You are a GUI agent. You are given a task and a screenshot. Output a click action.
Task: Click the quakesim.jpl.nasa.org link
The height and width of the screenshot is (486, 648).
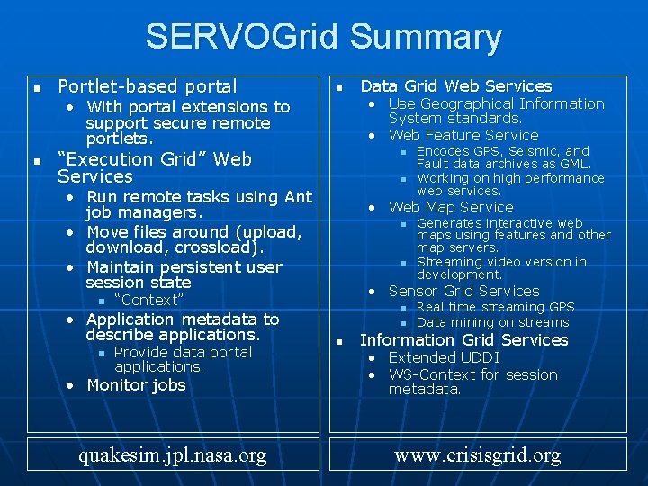[172, 454]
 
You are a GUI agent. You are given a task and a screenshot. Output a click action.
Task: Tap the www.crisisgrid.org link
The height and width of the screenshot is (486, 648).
[477, 454]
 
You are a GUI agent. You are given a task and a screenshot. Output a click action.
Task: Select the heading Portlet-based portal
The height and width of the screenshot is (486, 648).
[147, 86]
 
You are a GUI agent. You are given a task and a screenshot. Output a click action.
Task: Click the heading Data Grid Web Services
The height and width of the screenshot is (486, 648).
[455, 86]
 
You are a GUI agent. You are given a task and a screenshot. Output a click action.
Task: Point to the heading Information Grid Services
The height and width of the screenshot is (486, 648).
[463, 340]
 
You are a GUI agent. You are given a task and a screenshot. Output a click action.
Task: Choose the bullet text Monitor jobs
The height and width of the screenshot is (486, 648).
[136, 385]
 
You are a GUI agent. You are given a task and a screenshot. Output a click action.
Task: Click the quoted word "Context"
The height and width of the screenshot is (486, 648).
[148, 300]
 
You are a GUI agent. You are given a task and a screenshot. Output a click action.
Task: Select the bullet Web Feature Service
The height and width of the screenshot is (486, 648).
[463, 135]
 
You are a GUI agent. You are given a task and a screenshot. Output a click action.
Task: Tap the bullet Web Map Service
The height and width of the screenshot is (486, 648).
[451, 207]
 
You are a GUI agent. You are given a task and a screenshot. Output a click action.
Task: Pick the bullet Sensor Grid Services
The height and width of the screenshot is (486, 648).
[463, 291]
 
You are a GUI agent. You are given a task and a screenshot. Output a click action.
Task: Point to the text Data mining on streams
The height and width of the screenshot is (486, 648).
[492, 322]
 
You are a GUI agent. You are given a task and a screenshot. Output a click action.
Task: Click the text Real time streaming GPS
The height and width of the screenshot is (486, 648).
[495, 307]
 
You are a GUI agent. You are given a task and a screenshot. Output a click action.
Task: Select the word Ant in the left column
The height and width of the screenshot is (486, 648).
[299, 197]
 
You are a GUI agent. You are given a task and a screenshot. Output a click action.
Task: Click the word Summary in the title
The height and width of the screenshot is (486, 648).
[426, 37]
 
